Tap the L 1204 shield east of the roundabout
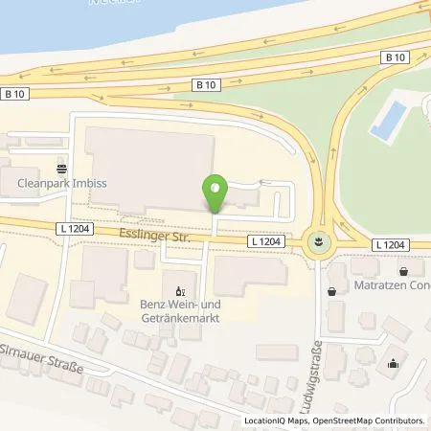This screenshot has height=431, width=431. (392, 245)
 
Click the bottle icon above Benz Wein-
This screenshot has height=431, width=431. (177, 287)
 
